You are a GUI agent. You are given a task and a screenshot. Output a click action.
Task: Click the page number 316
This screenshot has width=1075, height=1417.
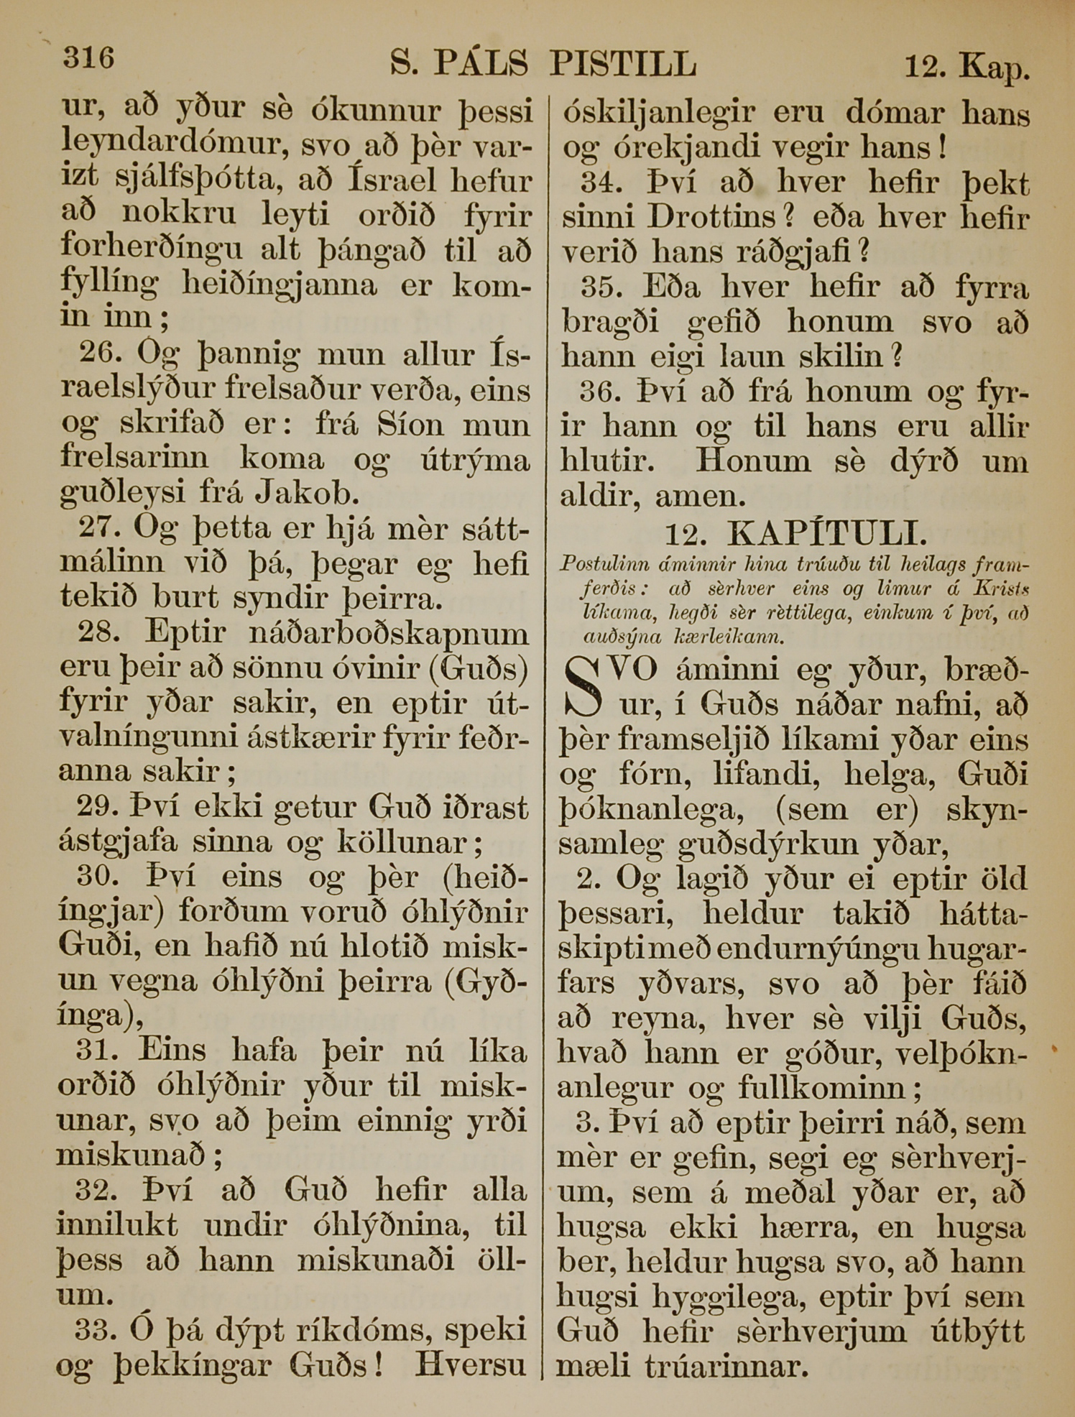[x=88, y=57]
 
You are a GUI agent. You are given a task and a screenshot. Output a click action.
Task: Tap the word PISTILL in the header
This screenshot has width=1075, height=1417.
[x=622, y=64]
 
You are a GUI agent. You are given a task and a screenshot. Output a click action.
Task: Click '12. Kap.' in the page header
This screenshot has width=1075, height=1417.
[x=967, y=67]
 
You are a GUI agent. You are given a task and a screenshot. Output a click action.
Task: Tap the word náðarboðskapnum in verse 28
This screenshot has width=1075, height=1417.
[x=387, y=633]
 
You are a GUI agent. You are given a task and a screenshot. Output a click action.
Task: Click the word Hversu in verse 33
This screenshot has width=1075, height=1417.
[x=471, y=1365]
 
